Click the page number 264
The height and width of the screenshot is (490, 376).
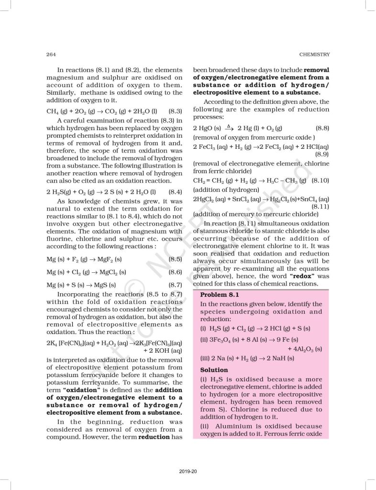tap(51, 54)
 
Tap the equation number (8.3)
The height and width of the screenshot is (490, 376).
tap(176, 111)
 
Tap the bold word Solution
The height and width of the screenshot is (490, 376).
tap(215, 370)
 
